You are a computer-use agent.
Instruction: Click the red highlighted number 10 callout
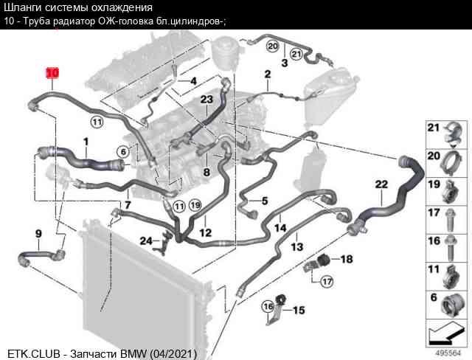(x=52, y=73)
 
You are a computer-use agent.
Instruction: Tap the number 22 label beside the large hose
(x=381, y=184)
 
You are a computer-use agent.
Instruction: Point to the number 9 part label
(x=38, y=234)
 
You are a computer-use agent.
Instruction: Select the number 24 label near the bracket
(x=147, y=240)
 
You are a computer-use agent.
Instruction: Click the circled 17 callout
(x=327, y=282)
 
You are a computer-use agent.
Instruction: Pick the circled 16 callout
(x=268, y=306)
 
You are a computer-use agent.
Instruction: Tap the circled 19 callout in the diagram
(x=195, y=205)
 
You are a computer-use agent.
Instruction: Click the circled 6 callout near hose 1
(x=123, y=152)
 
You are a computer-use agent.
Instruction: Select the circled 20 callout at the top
(x=272, y=46)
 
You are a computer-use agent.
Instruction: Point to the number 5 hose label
(x=265, y=201)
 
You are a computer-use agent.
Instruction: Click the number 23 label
(x=206, y=100)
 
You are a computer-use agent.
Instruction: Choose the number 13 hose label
(x=296, y=247)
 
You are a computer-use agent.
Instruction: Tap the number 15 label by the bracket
(x=299, y=310)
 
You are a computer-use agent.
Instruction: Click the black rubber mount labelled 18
(x=324, y=258)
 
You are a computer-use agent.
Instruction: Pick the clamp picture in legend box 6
(x=451, y=305)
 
